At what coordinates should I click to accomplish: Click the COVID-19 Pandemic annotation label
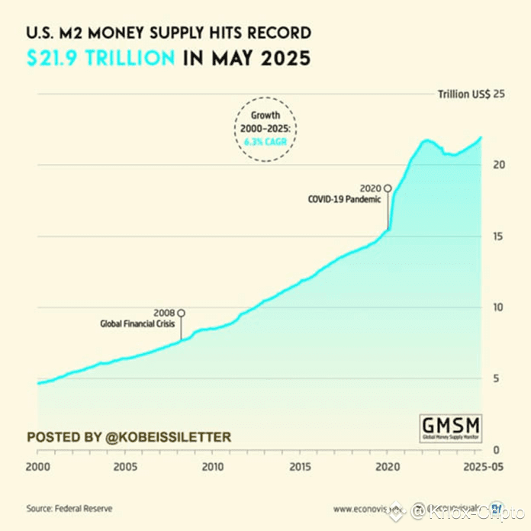pyautogui.click(x=343, y=200)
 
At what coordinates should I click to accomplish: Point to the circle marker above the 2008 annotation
pyautogui.click(x=181, y=313)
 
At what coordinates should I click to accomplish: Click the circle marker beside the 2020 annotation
pyautogui.click(x=388, y=188)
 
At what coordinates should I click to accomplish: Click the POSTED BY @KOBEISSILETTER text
pyautogui.click(x=128, y=437)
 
